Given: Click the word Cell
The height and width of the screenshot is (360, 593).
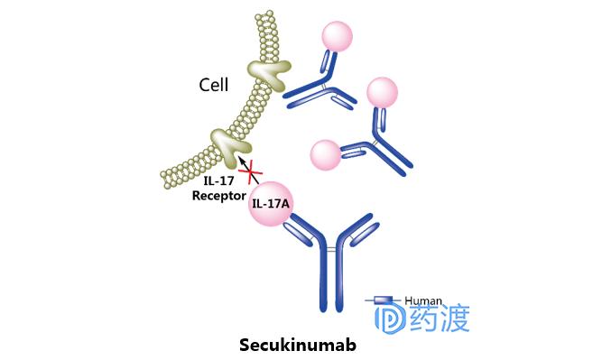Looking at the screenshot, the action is (x=215, y=86).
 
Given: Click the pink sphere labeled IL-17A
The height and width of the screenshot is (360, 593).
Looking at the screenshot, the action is (x=271, y=202).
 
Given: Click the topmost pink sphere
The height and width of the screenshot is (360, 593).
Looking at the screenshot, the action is (x=337, y=37).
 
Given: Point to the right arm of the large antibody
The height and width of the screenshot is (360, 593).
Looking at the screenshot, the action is (x=360, y=234).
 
